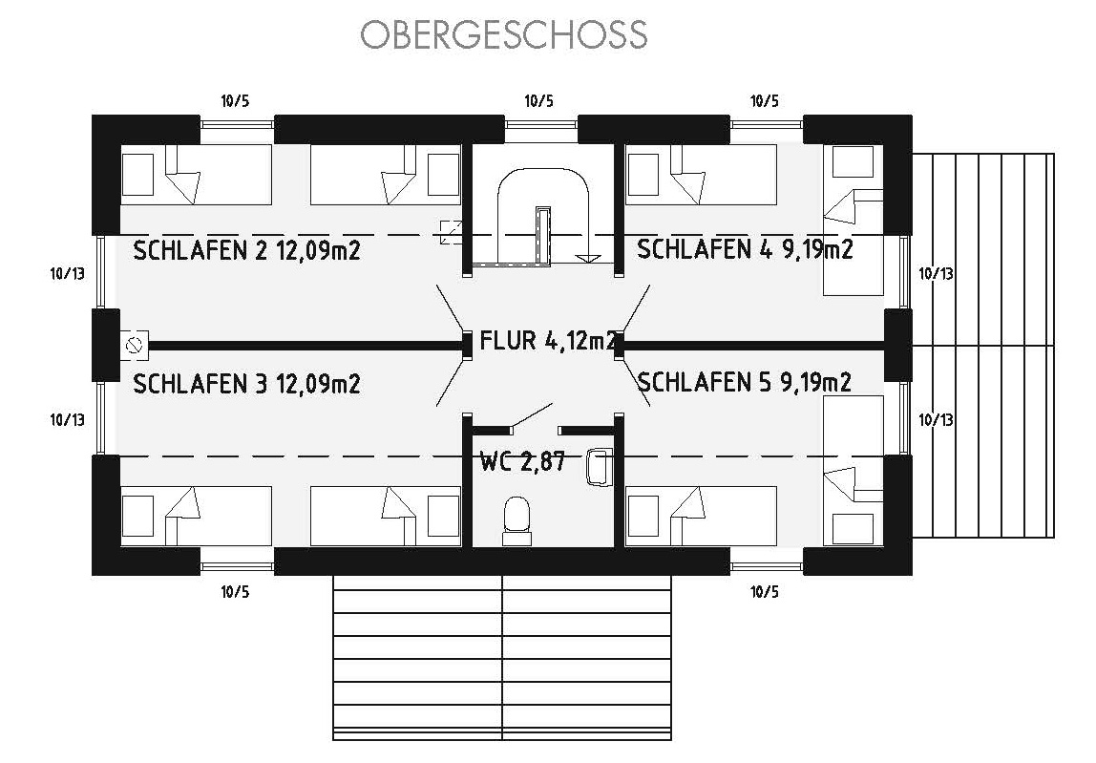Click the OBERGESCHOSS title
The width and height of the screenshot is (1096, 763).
pyautogui.click(x=504, y=35)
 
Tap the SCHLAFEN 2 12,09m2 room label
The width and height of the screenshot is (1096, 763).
pyautogui.click(x=246, y=250)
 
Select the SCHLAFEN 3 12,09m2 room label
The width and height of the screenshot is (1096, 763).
pyautogui.click(x=246, y=384)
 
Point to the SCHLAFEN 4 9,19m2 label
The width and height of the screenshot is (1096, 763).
pyautogui.click(x=745, y=249)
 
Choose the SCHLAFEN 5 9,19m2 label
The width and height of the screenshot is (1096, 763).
pyautogui.click(x=745, y=382)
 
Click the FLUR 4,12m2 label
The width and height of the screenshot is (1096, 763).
pyautogui.click(x=548, y=341)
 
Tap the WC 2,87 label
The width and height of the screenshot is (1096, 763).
pyautogui.click(x=522, y=461)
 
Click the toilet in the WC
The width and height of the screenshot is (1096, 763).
pyautogui.click(x=517, y=521)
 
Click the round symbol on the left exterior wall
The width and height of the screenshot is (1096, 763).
pyautogui.click(x=135, y=346)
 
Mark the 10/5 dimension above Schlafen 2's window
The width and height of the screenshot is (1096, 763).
pyautogui.click(x=235, y=101)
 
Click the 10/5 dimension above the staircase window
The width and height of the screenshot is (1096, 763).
pyautogui.click(x=538, y=101)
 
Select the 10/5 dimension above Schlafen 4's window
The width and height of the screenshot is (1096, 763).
pyautogui.click(x=765, y=101)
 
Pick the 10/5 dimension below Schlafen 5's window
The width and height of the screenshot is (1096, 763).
pyautogui.click(x=765, y=592)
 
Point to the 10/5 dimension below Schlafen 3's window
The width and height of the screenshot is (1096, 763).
pyautogui.click(x=235, y=592)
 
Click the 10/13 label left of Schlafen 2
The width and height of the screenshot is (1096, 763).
pyautogui.click(x=67, y=273)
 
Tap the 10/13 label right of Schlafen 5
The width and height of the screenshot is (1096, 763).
pyautogui.click(x=936, y=419)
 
